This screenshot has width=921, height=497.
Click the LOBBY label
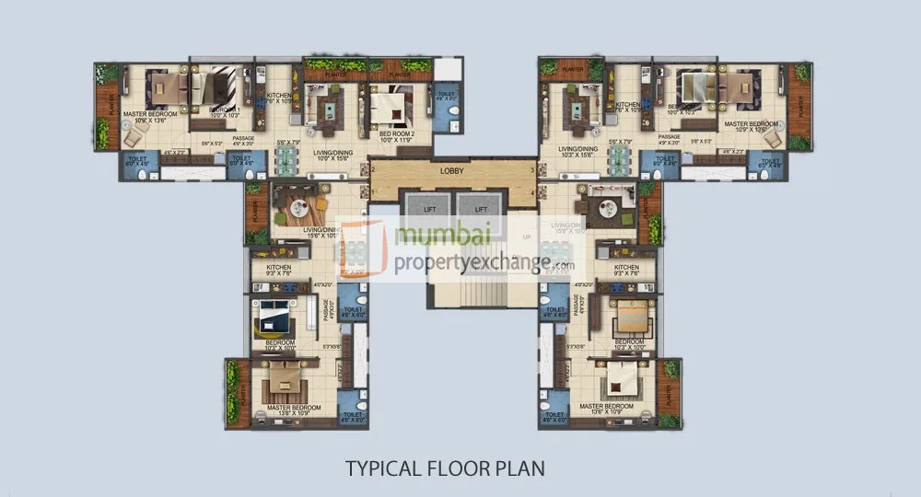pyautogui.click(x=452, y=171)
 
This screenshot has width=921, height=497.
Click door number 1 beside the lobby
pyautogui.click(x=371, y=169)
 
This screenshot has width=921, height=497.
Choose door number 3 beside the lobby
pyautogui.click(x=533, y=169)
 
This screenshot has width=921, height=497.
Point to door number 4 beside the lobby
pyautogui.click(x=533, y=192)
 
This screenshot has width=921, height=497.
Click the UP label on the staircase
pyautogui.click(x=528, y=237)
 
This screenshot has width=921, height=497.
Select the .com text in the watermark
pyautogui.click(x=564, y=266)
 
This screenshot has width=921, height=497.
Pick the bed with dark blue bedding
pyautogui.click(x=274, y=317)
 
